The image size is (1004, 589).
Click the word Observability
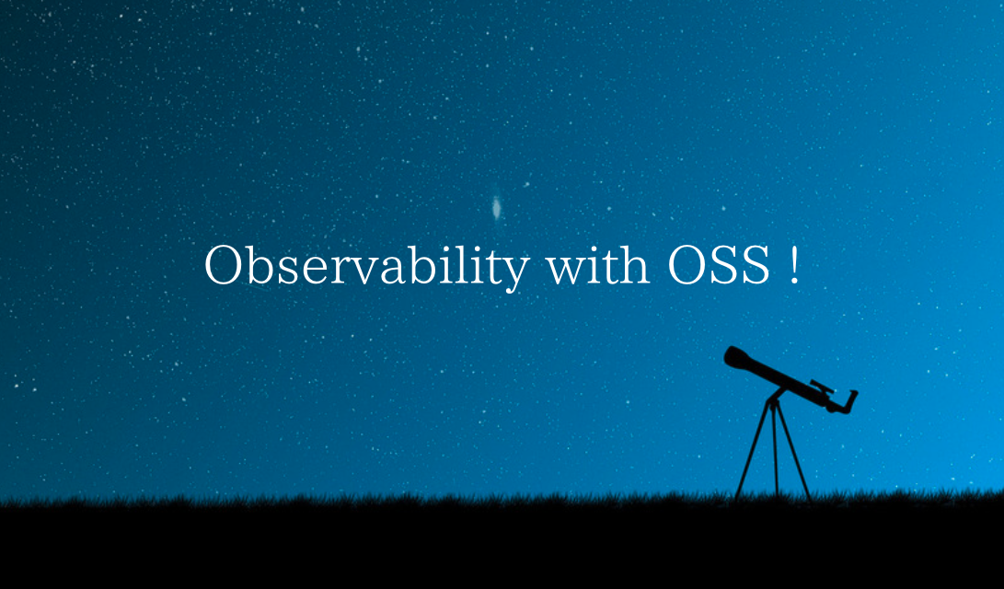(367, 267)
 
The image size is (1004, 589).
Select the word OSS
(719, 265)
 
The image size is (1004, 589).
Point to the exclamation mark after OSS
(794, 266)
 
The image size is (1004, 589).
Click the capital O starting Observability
(223, 266)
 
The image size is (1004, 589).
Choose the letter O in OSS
(686, 266)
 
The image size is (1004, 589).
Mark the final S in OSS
(756, 266)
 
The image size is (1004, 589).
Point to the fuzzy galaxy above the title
(496, 207)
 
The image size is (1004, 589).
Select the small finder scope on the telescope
(822, 387)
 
